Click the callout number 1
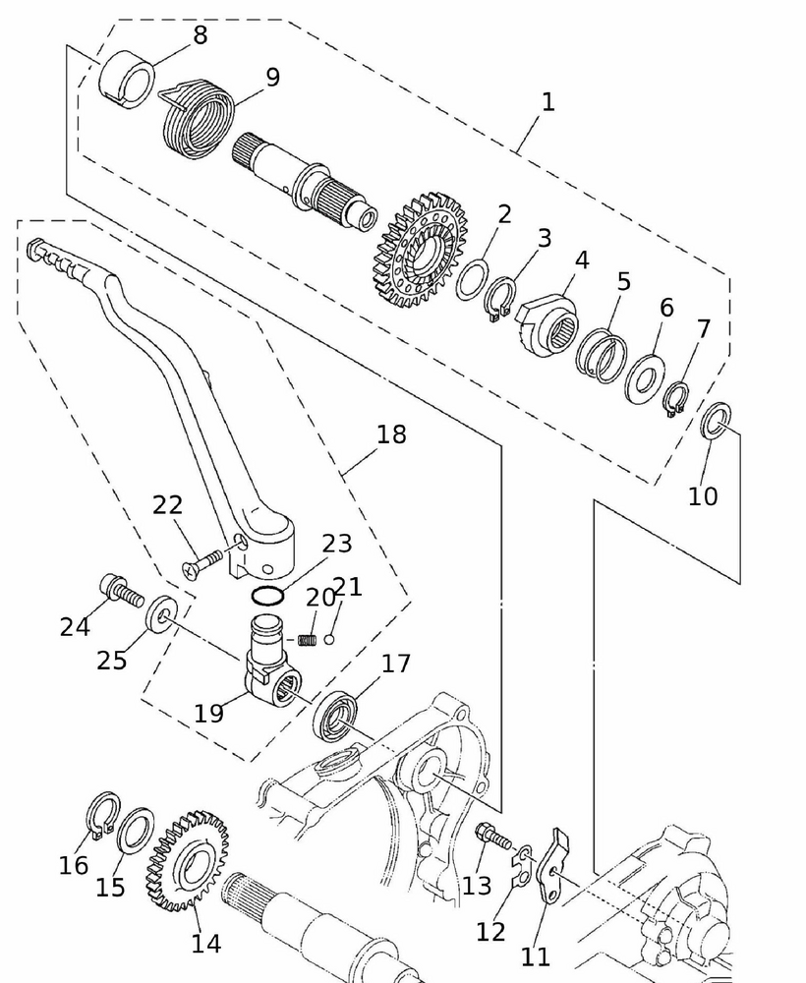547,101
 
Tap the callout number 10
703,495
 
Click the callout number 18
391,434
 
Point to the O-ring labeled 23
267,596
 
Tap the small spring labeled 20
308,641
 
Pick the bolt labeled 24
121,593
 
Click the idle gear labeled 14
187,860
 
